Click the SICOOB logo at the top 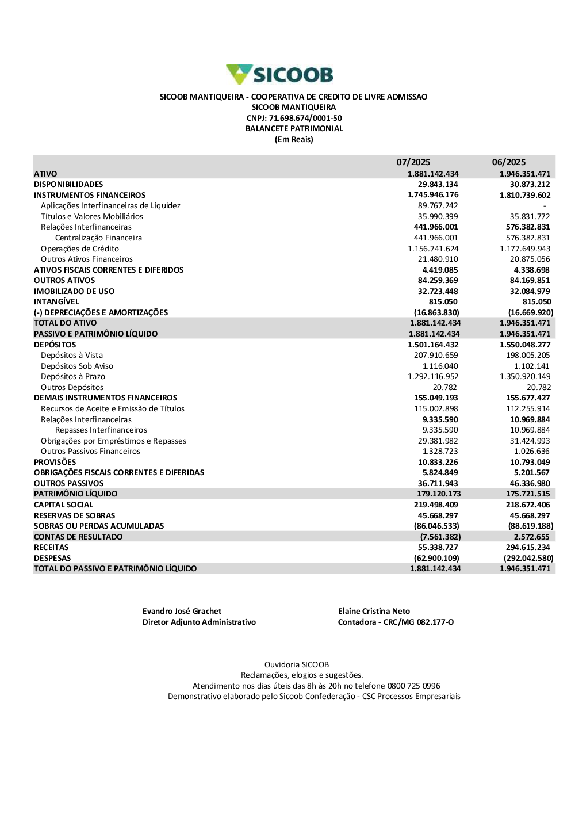280,75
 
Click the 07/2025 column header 413,162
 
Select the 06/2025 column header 508,162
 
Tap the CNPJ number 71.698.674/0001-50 305,118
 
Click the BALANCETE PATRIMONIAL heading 294,128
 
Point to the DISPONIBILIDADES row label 68,184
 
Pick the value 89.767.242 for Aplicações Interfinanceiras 438,205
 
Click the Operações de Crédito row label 80,249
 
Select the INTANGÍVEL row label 56,301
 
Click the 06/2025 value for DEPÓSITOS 525,345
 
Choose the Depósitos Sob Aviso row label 77,366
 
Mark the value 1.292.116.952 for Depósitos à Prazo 433,376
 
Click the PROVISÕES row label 55,462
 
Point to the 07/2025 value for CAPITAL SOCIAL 436,505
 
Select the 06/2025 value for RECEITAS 528,547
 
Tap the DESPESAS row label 52,558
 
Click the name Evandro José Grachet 182,611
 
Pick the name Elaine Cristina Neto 374,611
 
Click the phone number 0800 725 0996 413,686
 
